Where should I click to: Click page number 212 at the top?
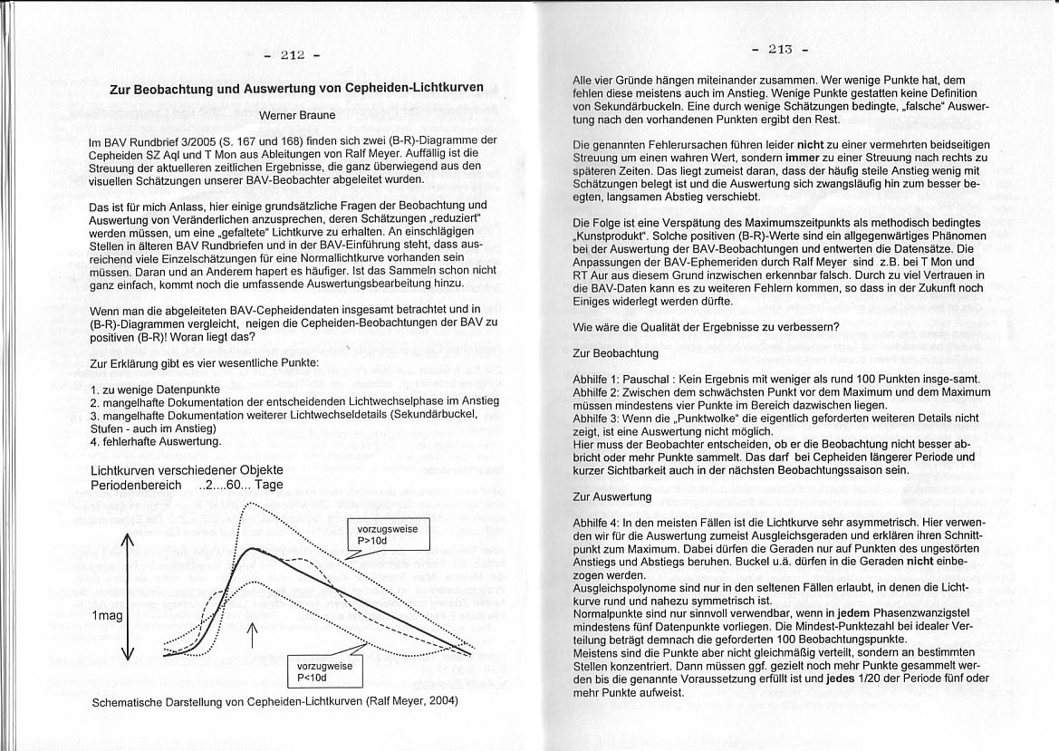point(292,56)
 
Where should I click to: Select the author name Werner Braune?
point(296,115)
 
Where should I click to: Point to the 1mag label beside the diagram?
point(107,615)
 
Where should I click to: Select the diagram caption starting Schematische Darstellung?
point(275,701)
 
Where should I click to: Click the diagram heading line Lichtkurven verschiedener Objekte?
point(188,470)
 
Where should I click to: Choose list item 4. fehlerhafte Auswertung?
point(156,441)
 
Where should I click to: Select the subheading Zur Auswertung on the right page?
point(612,497)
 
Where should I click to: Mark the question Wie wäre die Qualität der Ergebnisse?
point(707,326)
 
